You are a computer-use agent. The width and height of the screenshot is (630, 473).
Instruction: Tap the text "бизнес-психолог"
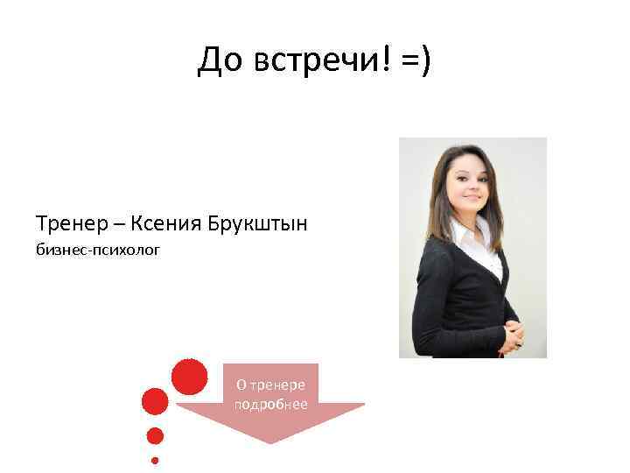pos(99,252)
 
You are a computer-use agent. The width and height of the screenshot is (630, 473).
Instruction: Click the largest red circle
pos(190,377)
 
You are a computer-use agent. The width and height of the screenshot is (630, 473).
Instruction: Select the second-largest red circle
pos(155,401)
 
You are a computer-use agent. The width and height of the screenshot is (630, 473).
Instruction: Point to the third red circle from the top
pos(155,435)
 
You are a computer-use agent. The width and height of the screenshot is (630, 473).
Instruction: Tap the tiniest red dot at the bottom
pos(155,460)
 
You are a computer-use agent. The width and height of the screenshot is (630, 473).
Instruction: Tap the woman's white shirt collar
pos(464,236)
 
